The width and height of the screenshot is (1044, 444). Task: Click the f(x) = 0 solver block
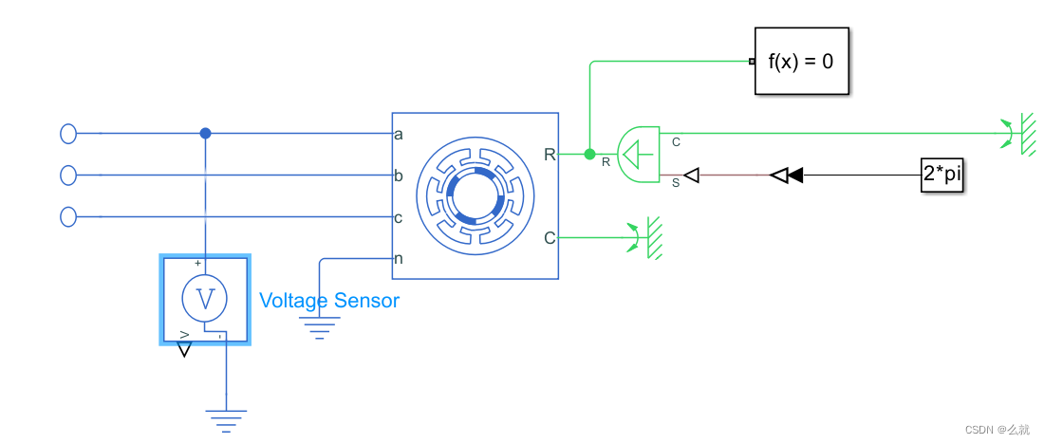[801, 62]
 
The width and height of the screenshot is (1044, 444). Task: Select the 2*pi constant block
[941, 175]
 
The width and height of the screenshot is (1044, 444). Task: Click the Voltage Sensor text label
[329, 301]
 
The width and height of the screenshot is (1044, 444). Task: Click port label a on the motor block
[399, 134]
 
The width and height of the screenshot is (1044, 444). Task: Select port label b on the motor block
[399, 176]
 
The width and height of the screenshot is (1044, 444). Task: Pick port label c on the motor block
[399, 217]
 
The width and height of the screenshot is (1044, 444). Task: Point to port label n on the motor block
[399, 258]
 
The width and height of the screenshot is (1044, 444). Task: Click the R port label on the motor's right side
[550, 154]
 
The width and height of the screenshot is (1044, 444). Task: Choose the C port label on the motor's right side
[550, 237]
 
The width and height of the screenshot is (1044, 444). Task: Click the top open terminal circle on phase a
[68, 134]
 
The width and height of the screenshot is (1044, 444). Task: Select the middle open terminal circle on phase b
[68, 176]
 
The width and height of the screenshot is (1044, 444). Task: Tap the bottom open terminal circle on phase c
[68, 217]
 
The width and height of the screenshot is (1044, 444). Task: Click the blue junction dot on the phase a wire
[205, 134]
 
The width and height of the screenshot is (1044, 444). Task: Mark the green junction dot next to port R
[589, 154]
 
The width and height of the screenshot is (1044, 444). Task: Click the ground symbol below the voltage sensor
[226, 417]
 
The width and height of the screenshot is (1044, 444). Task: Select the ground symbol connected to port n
[320, 328]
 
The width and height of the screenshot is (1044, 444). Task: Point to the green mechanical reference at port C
[647, 237]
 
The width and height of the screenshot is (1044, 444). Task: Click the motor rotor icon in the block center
[475, 196]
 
